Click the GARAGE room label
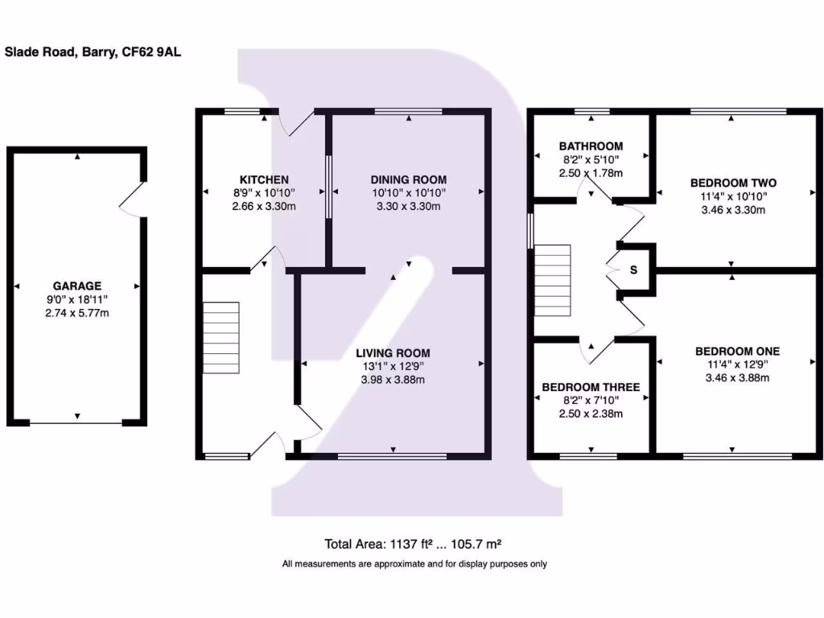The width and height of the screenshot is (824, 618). tap(77, 286)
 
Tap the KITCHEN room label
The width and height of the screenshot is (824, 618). tap(264, 179)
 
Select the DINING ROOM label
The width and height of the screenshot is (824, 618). tap(408, 179)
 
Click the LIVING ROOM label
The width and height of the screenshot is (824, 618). tap(394, 352)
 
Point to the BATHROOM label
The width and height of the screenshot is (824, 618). tap(591, 146)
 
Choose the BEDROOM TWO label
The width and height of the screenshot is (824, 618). tap(731, 181)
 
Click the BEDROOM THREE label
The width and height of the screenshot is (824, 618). tap(591, 387)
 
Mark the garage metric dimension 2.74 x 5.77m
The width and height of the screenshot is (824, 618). tap(77, 312)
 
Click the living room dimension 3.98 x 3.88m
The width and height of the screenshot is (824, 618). tap(394, 380)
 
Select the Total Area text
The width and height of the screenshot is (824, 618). tap(414, 543)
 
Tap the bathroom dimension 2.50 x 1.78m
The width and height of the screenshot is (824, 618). tap(591, 172)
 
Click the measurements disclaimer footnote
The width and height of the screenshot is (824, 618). tap(414, 564)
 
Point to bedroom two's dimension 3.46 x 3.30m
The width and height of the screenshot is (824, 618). tap(731, 209)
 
